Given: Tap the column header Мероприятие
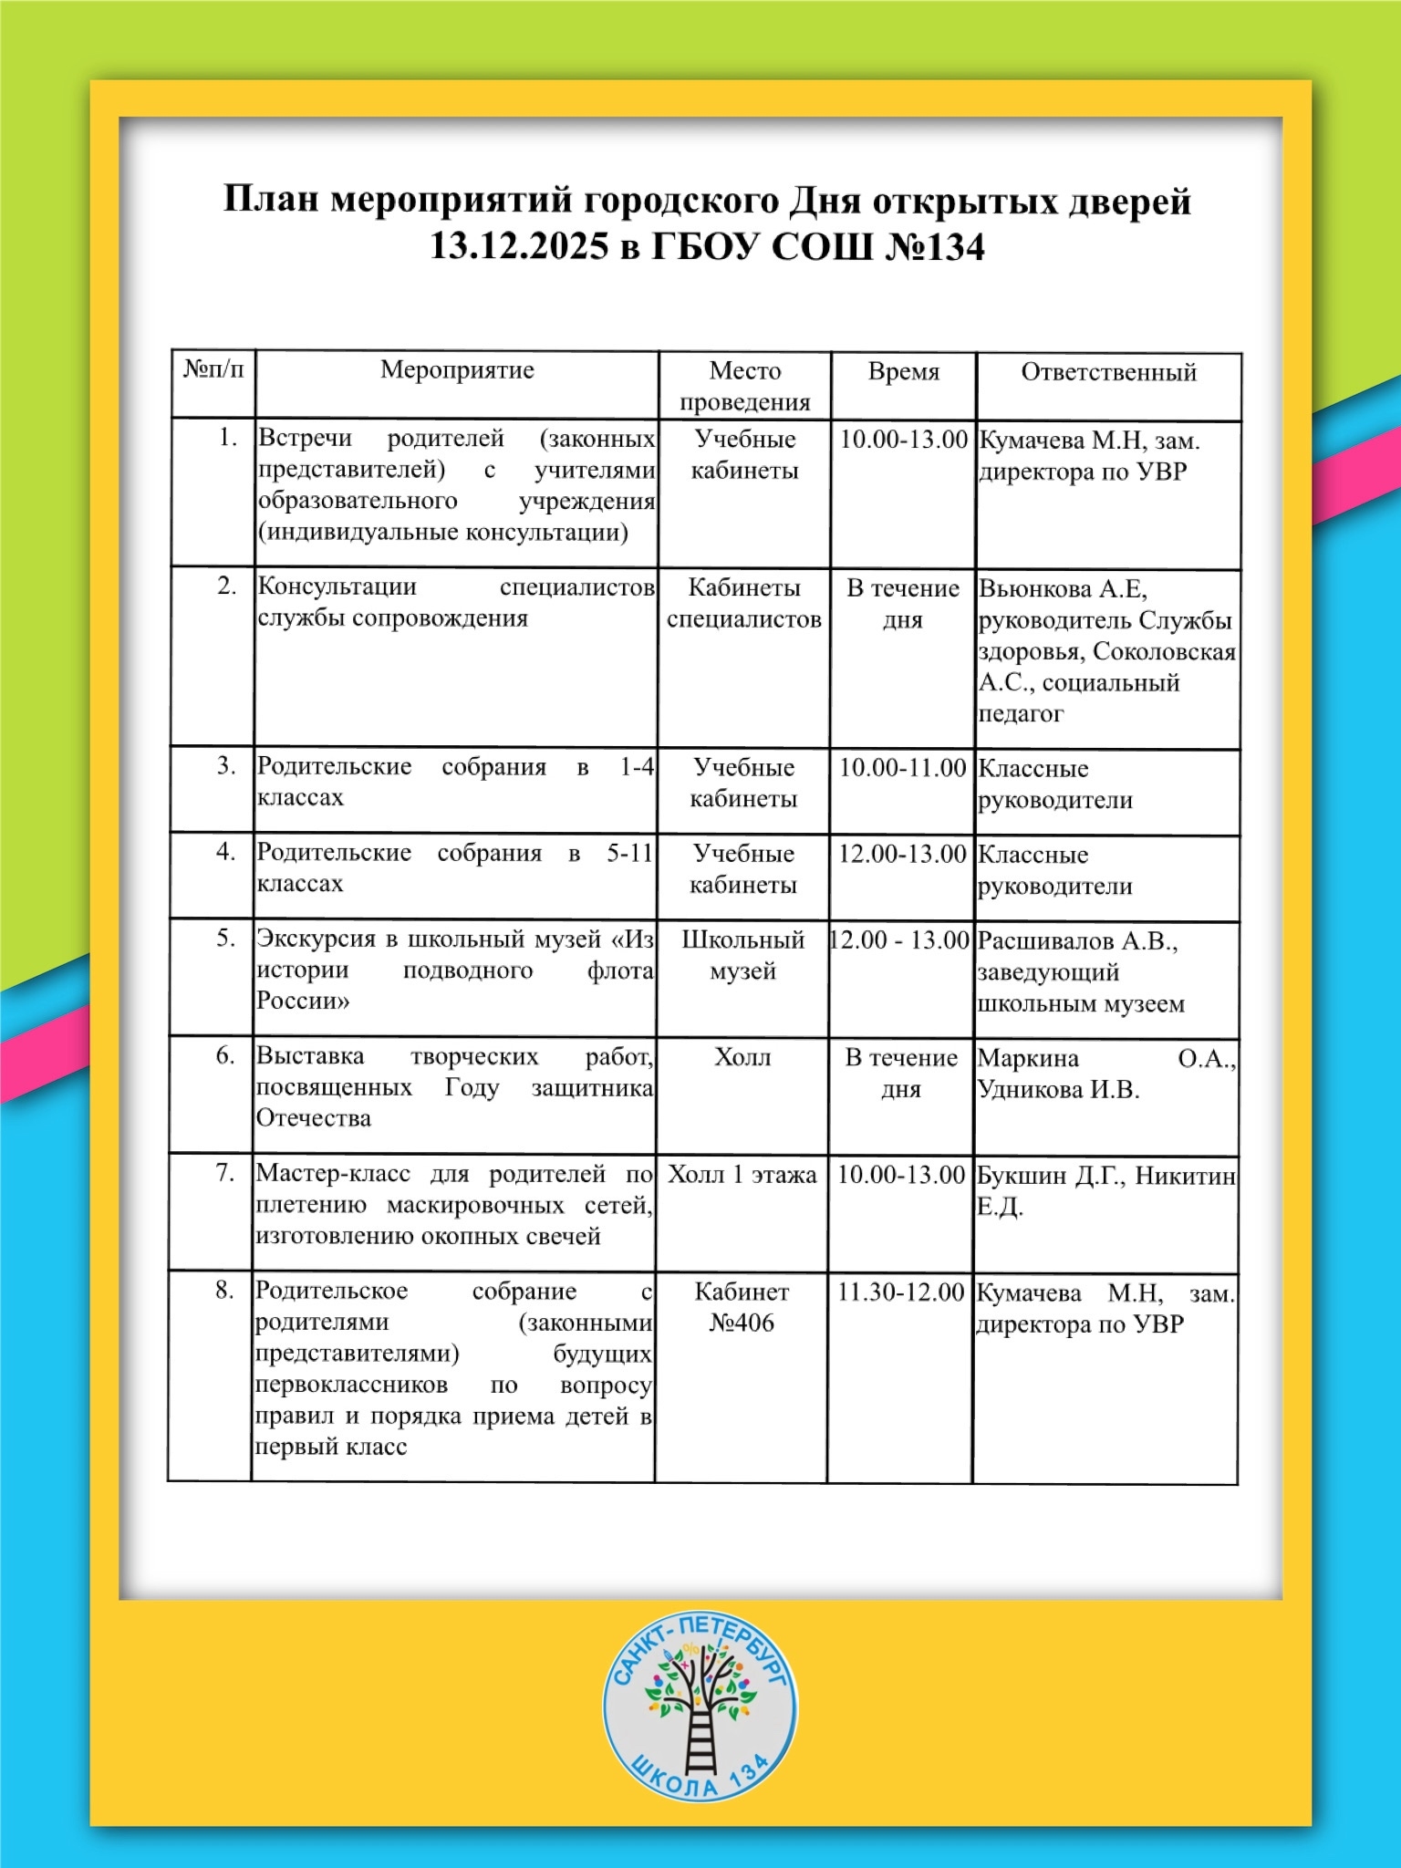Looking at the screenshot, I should [x=457, y=370].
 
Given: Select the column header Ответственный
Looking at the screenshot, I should [x=1108, y=372].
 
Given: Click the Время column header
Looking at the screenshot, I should [x=903, y=372].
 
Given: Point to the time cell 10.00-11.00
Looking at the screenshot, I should [x=902, y=767].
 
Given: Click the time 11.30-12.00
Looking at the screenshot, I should [x=900, y=1292].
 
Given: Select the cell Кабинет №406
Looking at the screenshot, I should [x=742, y=1307].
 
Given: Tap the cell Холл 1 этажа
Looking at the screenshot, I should [x=742, y=1175].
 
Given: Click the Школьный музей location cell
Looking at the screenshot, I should [x=742, y=955].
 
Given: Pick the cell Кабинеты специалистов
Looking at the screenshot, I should [x=743, y=604].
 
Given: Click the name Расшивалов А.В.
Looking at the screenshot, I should [x=1077, y=941].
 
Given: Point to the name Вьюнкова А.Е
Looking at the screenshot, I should [x=1063, y=589].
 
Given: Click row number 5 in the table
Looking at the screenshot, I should [x=226, y=938].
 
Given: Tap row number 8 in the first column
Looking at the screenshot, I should [x=225, y=1290].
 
